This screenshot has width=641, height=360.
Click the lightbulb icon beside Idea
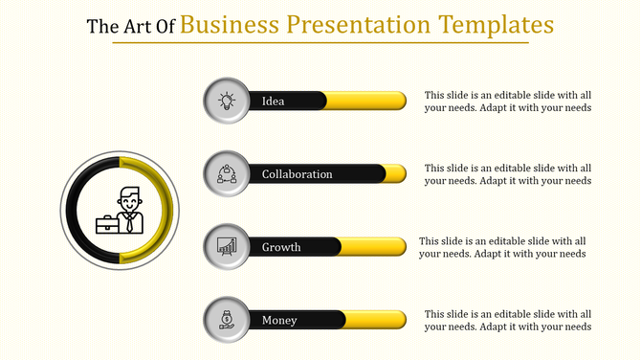[227, 101]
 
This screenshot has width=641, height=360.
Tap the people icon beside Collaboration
[227, 174]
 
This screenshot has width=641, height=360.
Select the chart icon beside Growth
[227, 247]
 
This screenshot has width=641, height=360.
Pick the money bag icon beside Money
[227, 320]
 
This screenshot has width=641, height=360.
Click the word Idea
[274, 101]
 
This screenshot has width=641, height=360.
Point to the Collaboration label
[298, 174]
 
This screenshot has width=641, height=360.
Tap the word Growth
[281, 247]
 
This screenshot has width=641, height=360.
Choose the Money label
[279, 320]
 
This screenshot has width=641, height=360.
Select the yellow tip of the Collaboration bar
[396, 174]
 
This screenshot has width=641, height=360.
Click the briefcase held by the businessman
[107, 225]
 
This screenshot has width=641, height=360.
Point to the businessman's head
[130, 199]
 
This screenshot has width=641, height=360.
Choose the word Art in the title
[136, 26]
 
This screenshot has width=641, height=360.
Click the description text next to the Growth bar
[502, 247]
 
